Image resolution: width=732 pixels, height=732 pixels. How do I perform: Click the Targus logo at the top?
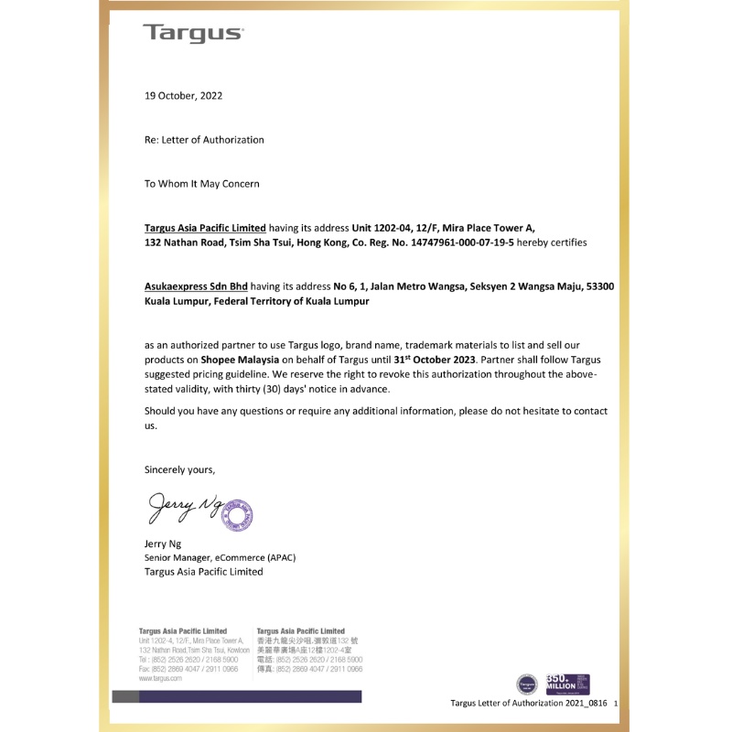[x=193, y=34]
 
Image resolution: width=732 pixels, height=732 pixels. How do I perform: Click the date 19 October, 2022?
[x=183, y=95]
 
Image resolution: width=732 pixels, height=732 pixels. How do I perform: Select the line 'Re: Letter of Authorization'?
[x=204, y=140]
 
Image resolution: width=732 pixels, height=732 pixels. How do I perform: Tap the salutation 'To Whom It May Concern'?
[x=201, y=184]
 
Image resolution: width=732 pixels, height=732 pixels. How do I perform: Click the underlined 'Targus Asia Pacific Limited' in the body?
[x=205, y=228]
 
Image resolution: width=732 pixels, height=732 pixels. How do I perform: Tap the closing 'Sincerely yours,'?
[x=180, y=469]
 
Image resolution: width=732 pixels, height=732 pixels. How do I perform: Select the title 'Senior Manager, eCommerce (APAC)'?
[x=220, y=557]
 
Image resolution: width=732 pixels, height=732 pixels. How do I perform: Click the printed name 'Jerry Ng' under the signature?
[x=163, y=544]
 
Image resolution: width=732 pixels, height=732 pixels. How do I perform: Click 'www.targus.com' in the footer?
[x=160, y=679]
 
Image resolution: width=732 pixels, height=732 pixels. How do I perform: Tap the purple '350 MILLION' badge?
[x=567, y=683]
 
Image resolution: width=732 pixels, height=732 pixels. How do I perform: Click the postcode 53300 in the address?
[x=600, y=286]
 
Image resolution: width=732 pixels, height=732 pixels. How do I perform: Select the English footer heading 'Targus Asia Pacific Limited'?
[x=182, y=631]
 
